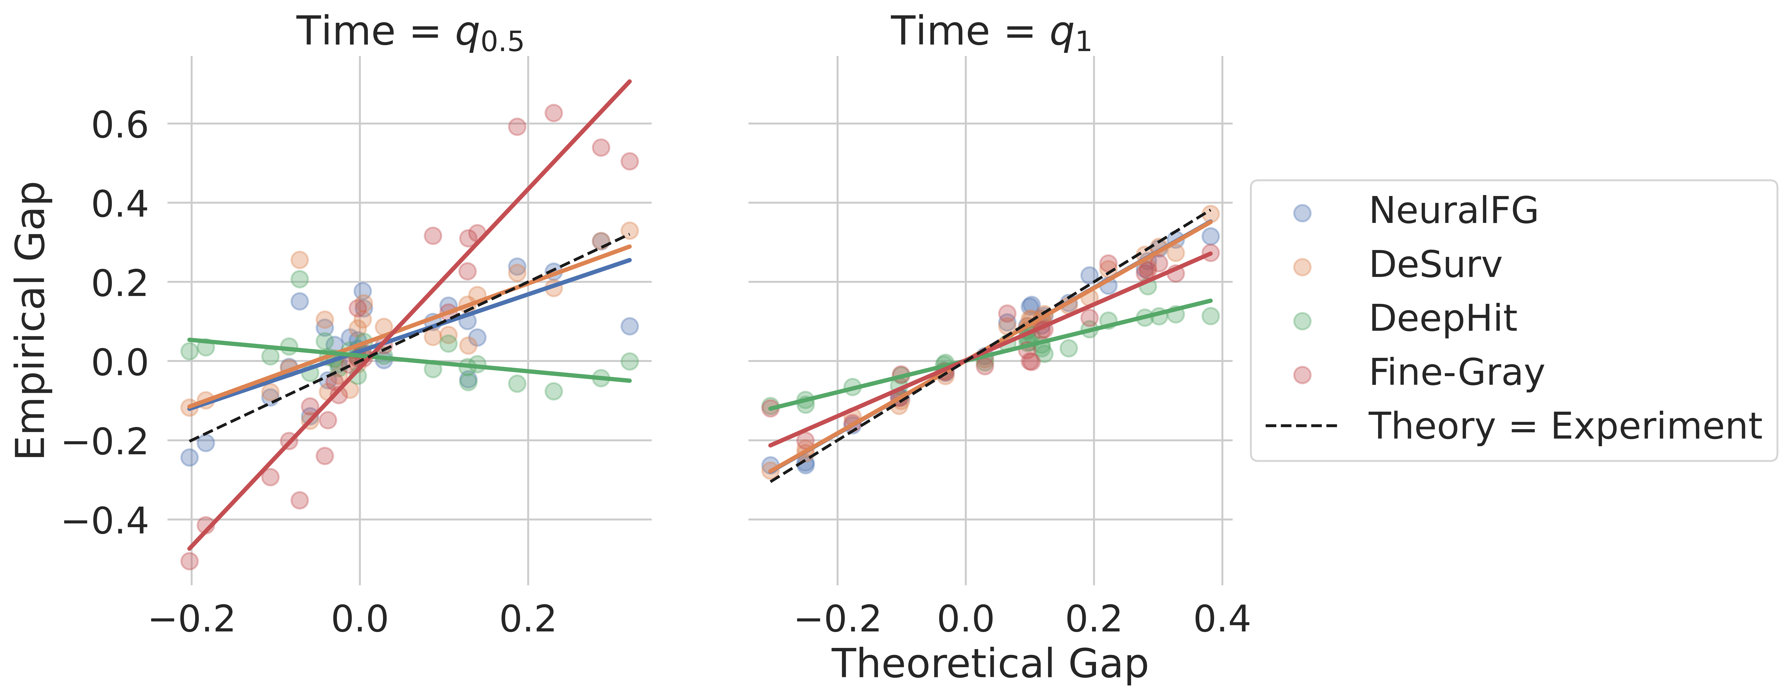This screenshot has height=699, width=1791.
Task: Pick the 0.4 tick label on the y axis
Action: (120, 204)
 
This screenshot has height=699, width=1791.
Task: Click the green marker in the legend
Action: (1302, 321)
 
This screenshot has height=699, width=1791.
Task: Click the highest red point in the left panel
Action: (553, 113)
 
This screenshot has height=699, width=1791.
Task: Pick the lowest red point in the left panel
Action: (189, 561)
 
